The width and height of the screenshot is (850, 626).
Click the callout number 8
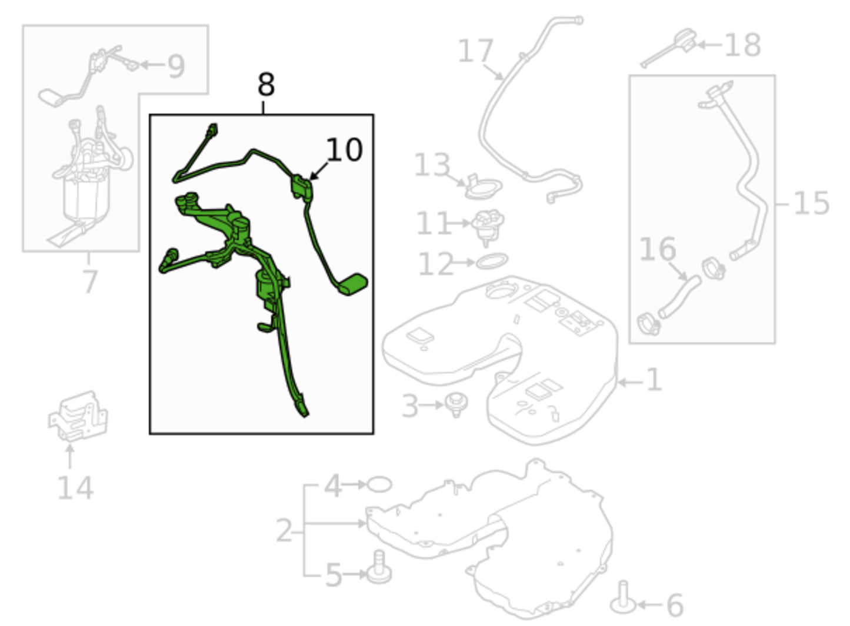pyautogui.click(x=266, y=85)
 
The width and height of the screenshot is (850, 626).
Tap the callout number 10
pyautogui.click(x=344, y=150)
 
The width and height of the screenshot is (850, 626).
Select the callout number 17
pyautogui.click(x=475, y=51)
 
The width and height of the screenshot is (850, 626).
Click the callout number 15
pyautogui.click(x=811, y=203)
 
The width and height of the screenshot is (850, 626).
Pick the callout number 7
pyautogui.click(x=90, y=282)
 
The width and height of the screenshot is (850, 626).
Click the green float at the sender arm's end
pyautogui.click(x=353, y=284)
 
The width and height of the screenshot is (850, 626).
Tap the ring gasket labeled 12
pyautogui.click(x=492, y=261)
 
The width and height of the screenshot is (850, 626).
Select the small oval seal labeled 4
pyautogui.click(x=379, y=484)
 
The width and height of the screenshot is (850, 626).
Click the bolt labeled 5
pyautogui.click(x=379, y=568)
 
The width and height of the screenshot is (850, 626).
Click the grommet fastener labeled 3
pyautogui.click(x=456, y=405)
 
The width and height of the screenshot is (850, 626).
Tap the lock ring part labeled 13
pyautogui.click(x=484, y=187)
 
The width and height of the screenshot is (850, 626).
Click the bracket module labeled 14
pyautogui.click(x=78, y=416)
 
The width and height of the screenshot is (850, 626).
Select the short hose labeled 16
pyautogui.click(x=679, y=297)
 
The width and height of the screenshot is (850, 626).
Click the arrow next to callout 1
pyautogui.click(x=630, y=383)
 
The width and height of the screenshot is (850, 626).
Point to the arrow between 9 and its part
pyautogui.click(x=152, y=65)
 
